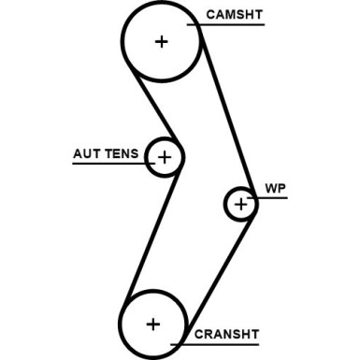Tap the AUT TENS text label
click(x=106, y=153)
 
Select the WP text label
click(x=274, y=188)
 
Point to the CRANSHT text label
click(x=226, y=334)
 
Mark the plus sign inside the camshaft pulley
click(x=163, y=41)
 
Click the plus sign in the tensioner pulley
click(x=165, y=157)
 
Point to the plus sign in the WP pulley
click(x=241, y=203)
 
